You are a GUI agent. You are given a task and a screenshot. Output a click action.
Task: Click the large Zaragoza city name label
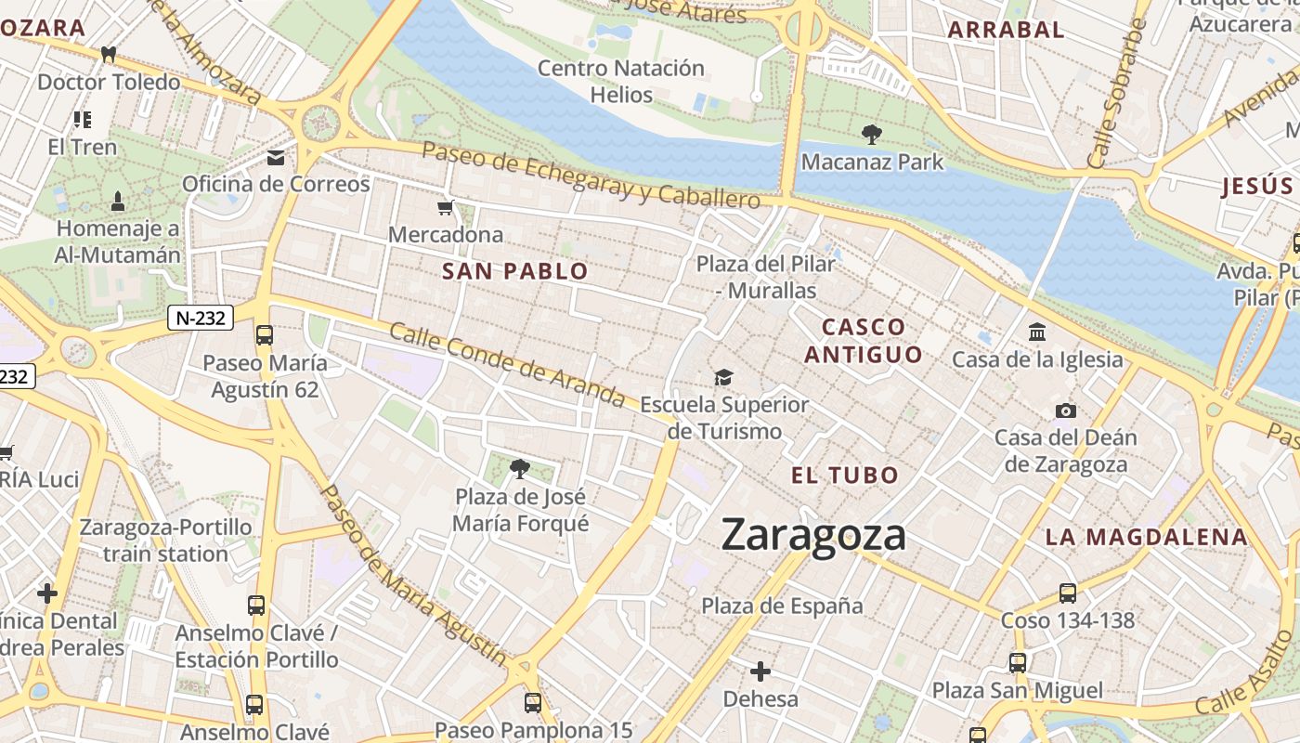813,536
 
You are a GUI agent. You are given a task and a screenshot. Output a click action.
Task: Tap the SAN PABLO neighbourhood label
515,271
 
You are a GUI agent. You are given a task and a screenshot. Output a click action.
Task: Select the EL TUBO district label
845,476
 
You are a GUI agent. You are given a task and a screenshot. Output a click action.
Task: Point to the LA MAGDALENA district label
1146,537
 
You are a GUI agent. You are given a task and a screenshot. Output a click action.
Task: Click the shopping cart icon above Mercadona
446,208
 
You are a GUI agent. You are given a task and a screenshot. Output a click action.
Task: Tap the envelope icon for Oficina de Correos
276,158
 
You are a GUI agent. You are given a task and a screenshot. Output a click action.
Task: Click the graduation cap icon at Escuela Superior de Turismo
723,377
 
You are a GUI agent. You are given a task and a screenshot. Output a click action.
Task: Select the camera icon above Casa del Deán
1066,411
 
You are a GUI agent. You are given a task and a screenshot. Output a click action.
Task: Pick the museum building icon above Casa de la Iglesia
1037,332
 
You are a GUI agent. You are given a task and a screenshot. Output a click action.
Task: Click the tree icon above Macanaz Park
871,135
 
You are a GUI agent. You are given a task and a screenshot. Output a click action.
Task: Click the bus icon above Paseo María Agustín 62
265,334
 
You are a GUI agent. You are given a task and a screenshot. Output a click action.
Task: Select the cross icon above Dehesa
760,671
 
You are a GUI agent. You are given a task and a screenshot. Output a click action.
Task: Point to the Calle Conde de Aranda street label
507,364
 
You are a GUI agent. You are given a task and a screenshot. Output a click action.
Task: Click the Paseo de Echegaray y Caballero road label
591,175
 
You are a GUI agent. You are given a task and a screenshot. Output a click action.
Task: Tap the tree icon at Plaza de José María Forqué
520,470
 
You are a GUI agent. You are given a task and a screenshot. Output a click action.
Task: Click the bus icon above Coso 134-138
1068,593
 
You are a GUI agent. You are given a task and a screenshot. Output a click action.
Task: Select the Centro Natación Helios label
621,81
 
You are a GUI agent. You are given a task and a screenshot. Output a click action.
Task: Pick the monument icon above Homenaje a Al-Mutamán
118,200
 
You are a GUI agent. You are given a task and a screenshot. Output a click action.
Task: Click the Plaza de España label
782,606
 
